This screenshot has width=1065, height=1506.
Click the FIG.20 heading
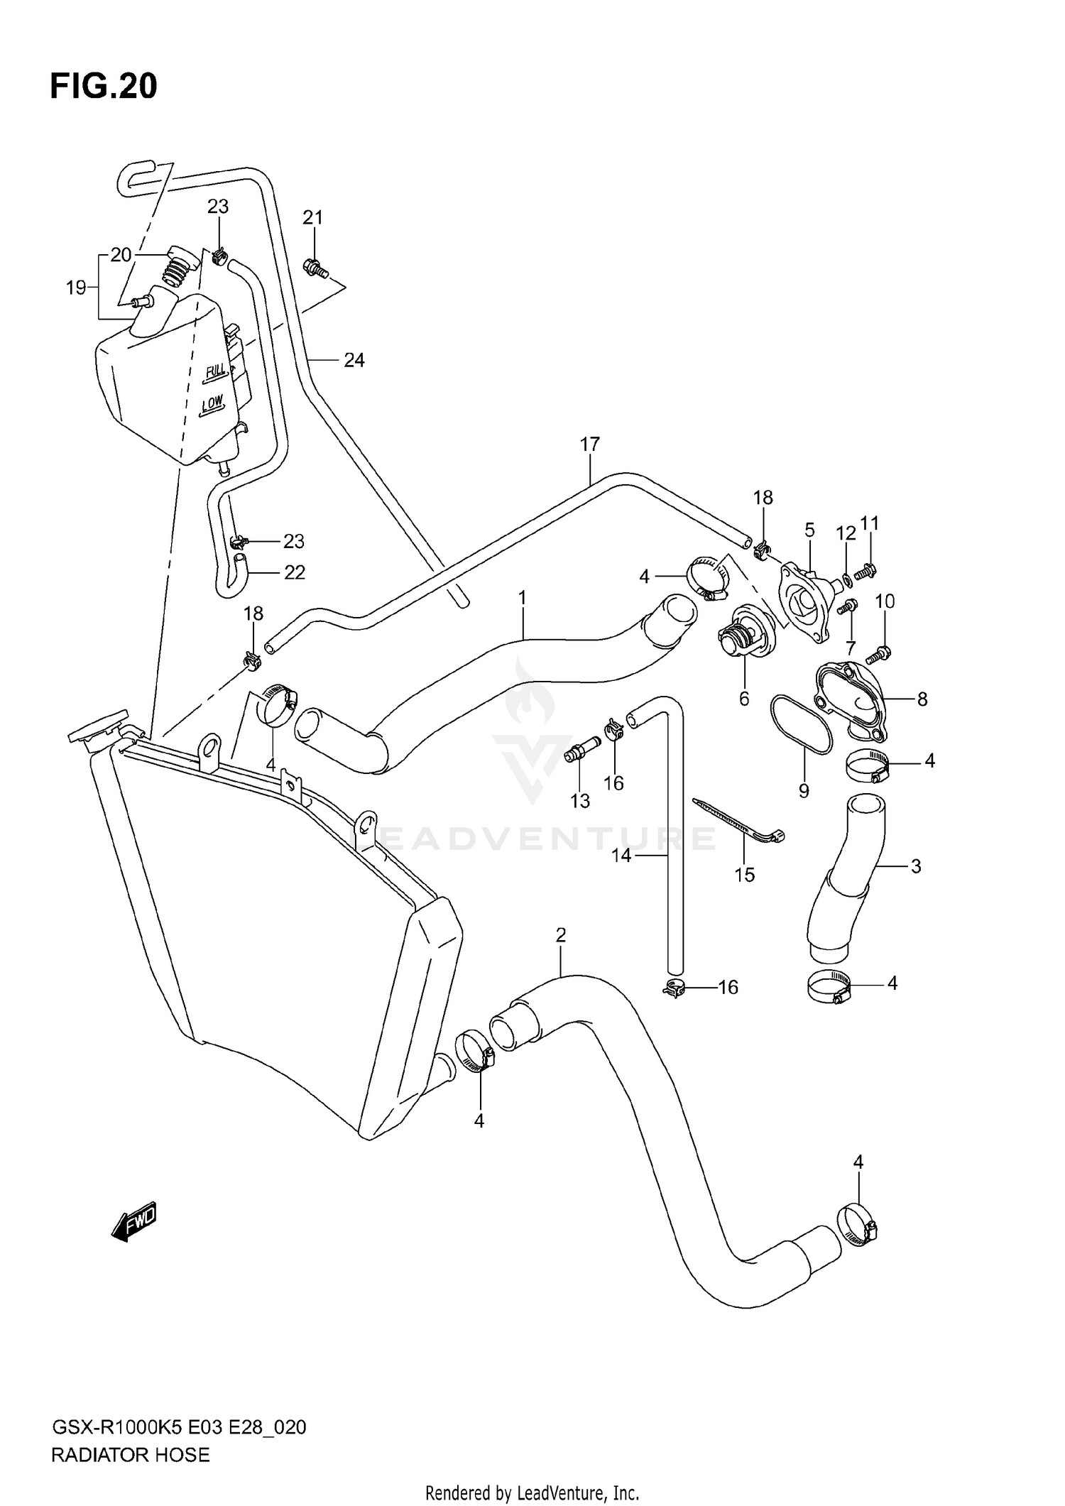coord(104,87)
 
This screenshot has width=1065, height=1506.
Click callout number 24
coord(354,361)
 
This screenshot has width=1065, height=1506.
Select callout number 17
coord(589,444)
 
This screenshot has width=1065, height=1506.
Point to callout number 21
coord(312,218)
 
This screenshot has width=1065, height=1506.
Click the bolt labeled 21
coord(315,268)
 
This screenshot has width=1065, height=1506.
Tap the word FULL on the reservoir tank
coord(214,371)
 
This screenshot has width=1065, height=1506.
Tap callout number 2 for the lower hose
coord(560,936)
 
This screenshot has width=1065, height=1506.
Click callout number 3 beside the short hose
coord(915,866)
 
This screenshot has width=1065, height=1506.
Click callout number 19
coord(75,288)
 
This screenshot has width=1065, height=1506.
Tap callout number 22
coord(294,572)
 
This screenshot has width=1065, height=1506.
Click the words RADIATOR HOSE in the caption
coord(131,1455)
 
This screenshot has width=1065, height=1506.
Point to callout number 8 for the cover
coord(922,699)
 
